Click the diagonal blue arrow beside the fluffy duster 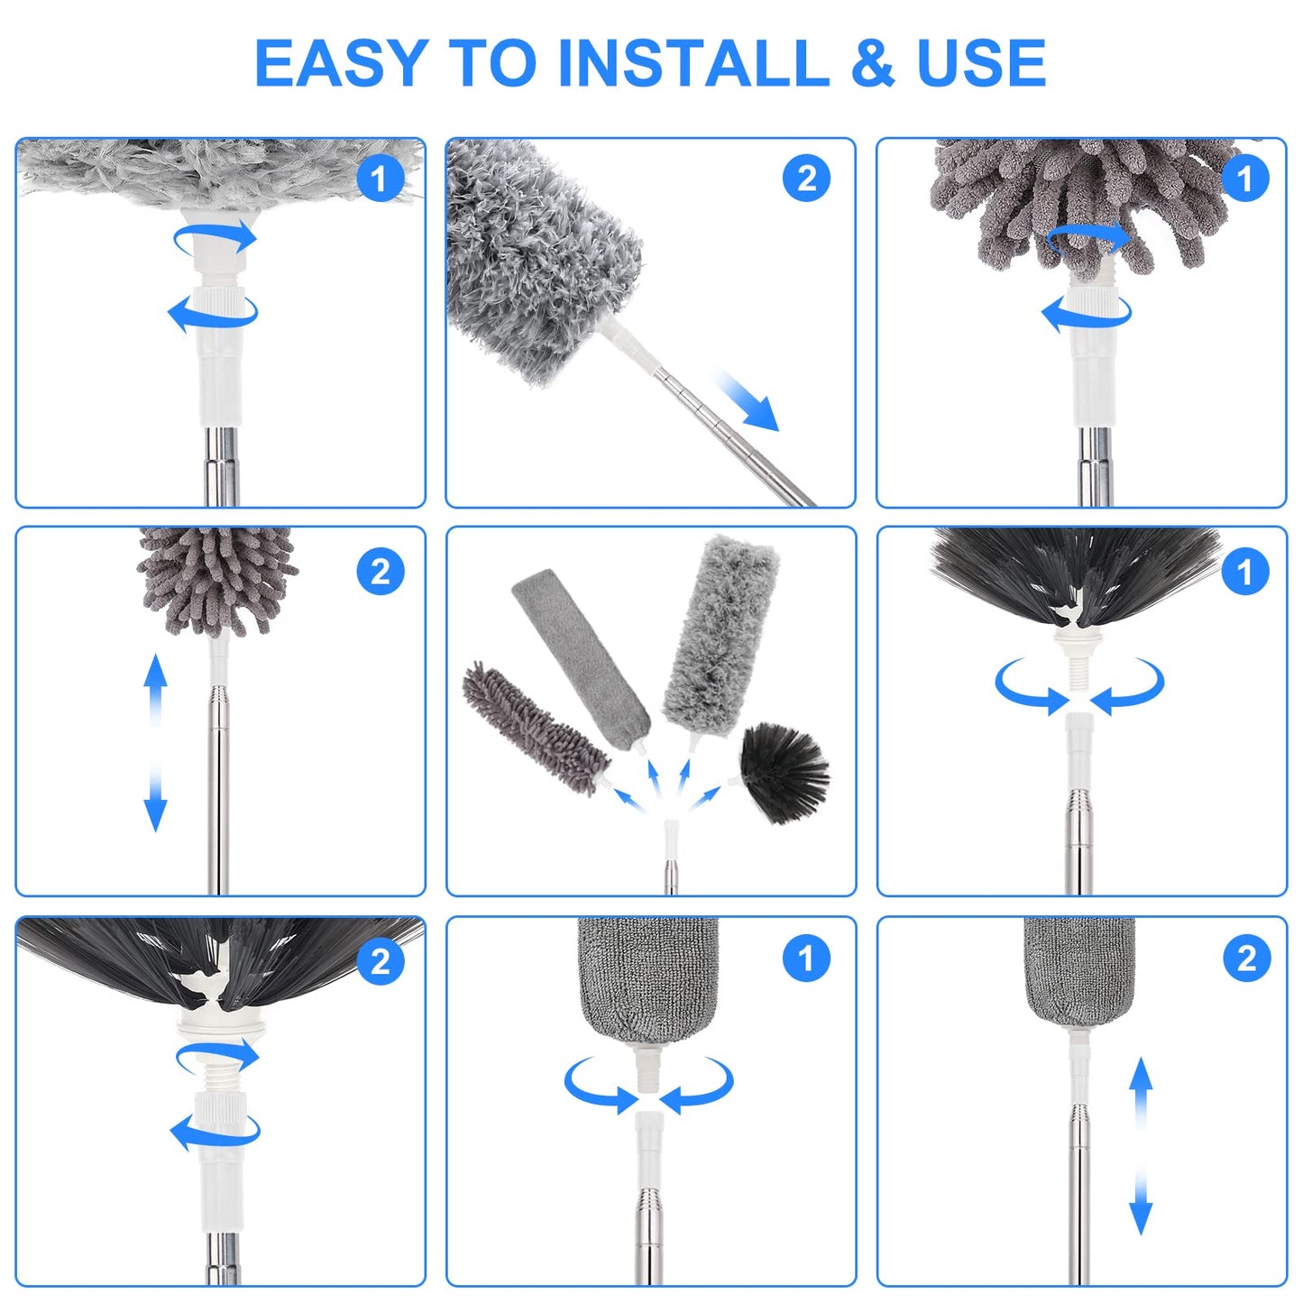(748, 399)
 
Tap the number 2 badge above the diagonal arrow (805, 179)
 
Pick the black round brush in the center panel (783, 772)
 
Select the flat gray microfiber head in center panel (579, 653)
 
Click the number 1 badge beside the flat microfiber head (805, 958)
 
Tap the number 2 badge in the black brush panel (380, 961)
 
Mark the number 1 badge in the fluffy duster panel (380, 179)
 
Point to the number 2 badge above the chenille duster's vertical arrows (380, 572)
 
